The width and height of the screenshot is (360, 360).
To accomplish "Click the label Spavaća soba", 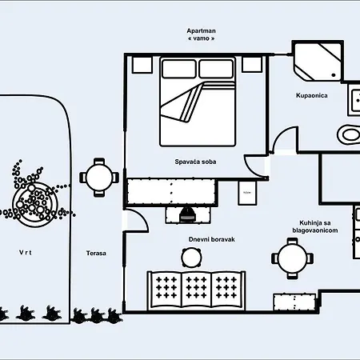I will pos(195,162).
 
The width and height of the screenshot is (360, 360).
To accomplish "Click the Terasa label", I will pos(96,254).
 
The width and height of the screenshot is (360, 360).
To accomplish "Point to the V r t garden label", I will pos(27,253).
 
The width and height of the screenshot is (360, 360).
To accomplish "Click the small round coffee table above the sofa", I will pos(191,257).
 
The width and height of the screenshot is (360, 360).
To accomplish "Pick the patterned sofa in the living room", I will pos(194,288).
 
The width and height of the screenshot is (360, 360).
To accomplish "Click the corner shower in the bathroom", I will pos(317,62).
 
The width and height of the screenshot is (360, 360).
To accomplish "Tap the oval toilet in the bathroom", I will pos(349,134).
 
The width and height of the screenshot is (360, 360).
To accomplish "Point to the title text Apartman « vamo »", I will pos(202,36).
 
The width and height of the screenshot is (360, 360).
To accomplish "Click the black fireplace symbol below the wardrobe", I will pos(187,214).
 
